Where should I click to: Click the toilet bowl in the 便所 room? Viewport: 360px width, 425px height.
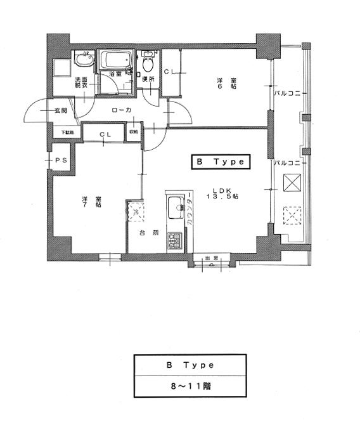click(148, 63)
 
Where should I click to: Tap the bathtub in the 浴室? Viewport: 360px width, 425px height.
click(116, 62)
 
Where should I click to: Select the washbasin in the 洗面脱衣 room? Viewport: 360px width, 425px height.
click(83, 60)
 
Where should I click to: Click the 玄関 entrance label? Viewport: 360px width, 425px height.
click(61, 110)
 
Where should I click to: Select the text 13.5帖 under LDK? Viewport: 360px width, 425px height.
click(222, 197)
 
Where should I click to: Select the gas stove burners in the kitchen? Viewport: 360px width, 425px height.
click(174, 241)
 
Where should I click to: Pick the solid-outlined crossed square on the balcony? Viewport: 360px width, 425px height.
click(292, 183)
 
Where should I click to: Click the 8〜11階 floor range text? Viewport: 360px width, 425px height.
click(190, 385)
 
